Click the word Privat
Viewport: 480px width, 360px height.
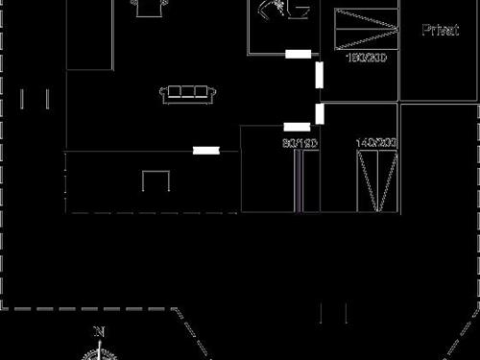440,30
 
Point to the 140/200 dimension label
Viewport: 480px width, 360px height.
376,143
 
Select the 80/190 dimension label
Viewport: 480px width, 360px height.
300,143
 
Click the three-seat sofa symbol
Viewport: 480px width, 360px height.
186,93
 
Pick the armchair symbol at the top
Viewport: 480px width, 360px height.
147,8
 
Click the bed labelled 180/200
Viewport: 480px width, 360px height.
366,29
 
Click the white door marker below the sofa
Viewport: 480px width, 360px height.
205,150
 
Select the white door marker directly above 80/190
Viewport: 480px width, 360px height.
297,127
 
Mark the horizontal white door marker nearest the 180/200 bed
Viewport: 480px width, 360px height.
299,54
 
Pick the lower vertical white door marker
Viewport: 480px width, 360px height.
320,113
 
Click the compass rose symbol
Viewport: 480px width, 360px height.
98,352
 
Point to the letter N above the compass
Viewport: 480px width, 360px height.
98,332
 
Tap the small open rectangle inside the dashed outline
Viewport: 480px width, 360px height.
156,180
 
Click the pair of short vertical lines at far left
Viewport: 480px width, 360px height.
35,99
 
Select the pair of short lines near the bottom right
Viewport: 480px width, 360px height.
333,312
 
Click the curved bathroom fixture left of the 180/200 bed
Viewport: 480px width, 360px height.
282,11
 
